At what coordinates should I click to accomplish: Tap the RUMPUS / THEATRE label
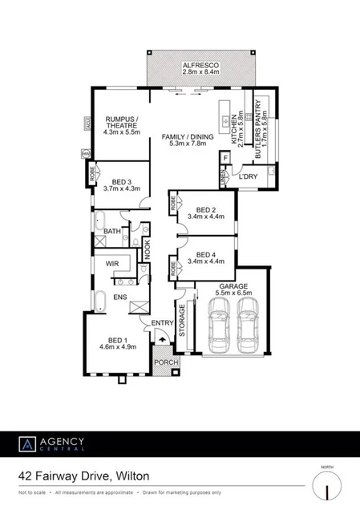123,125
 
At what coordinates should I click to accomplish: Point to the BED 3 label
122,184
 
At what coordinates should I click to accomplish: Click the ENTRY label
163,323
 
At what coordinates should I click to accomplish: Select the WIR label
106,261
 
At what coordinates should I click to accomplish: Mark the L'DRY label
247,176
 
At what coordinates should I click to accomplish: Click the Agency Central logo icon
28,443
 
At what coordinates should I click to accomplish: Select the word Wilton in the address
131,475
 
